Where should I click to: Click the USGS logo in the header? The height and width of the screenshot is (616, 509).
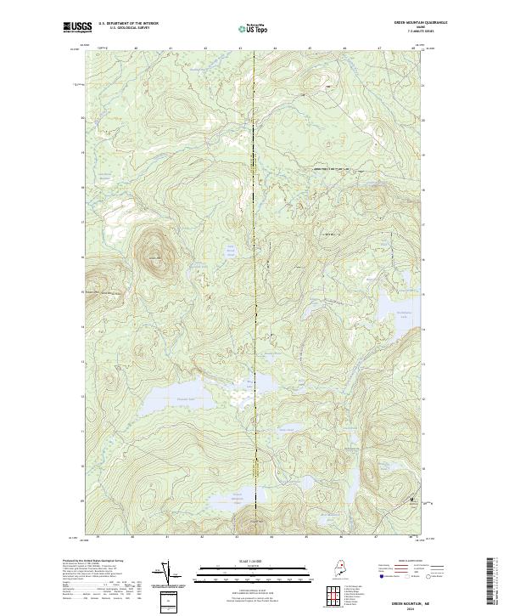point(77,27)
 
